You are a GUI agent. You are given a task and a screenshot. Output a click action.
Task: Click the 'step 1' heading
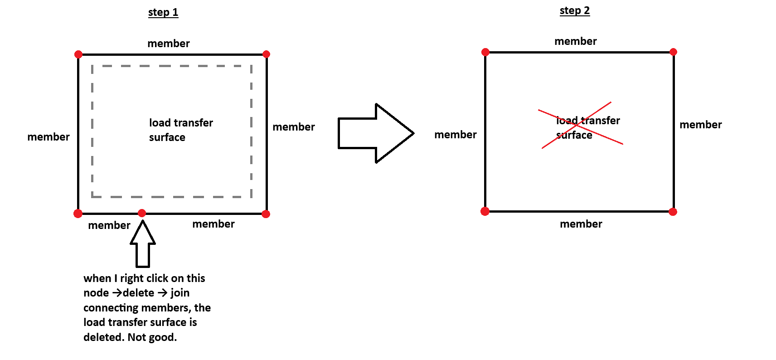(x=163, y=13)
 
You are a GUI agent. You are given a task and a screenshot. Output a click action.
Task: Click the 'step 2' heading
(x=575, y=11)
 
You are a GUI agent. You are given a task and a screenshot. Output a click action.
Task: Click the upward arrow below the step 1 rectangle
(x=143, y=244)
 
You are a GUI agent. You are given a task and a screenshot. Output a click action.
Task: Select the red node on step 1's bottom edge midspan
(x=142, y=213)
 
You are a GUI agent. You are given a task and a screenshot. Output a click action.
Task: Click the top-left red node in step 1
(x=78, y=54)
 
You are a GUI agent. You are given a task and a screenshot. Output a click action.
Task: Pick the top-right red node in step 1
(x=267, y=54)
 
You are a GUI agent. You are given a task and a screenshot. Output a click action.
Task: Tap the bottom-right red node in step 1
(x=266, y=214)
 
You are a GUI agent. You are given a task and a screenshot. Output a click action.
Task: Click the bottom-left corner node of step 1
(x=78, y=214)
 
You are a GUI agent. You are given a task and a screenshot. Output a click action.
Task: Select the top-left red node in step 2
(x=485, y=52)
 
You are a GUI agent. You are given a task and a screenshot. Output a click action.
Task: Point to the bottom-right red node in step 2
(x=673, y=212)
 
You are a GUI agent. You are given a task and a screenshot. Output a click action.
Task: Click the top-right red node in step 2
(x=674, y=52)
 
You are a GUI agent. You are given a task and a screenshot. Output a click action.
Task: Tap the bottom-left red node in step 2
(x=485, y=211)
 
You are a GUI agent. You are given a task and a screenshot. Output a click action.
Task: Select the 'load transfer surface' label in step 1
(x=180, y=130)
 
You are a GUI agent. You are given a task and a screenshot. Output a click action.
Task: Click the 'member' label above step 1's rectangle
(x=169, y=44)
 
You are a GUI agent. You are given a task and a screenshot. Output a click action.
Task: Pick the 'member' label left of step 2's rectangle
(x=456, y=135)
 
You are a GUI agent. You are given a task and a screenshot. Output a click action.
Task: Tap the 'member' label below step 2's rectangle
(x=581, y=224)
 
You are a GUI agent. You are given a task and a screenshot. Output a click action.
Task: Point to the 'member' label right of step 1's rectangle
(x=294, y=127)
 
